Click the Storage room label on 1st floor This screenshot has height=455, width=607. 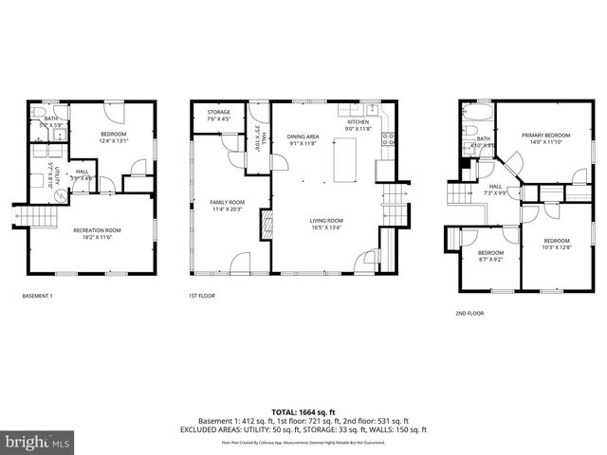218,116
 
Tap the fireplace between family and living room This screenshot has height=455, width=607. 267,227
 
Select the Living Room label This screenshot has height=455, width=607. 324,221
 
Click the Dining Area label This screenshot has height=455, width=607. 303,137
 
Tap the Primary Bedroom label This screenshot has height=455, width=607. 544,136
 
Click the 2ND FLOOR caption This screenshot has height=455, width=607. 471,312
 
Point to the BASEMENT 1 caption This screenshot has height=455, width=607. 37,297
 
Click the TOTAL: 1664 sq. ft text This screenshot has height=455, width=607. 303,411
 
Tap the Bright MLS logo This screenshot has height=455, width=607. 38,442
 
